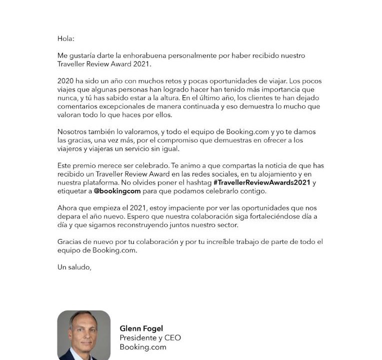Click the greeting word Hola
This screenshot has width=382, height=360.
click(65, 38)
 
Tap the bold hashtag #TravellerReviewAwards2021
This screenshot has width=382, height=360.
click(262, 183)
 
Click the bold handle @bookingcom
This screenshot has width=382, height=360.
click(117, 191)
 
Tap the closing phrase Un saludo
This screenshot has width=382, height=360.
click(74, 267)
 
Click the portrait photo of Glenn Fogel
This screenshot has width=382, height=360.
click(83, 335)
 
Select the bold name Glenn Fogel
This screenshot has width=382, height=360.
click(141, 328)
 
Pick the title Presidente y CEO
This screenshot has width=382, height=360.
click(150, 338)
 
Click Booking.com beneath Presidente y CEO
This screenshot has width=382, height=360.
click(142, 347)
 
